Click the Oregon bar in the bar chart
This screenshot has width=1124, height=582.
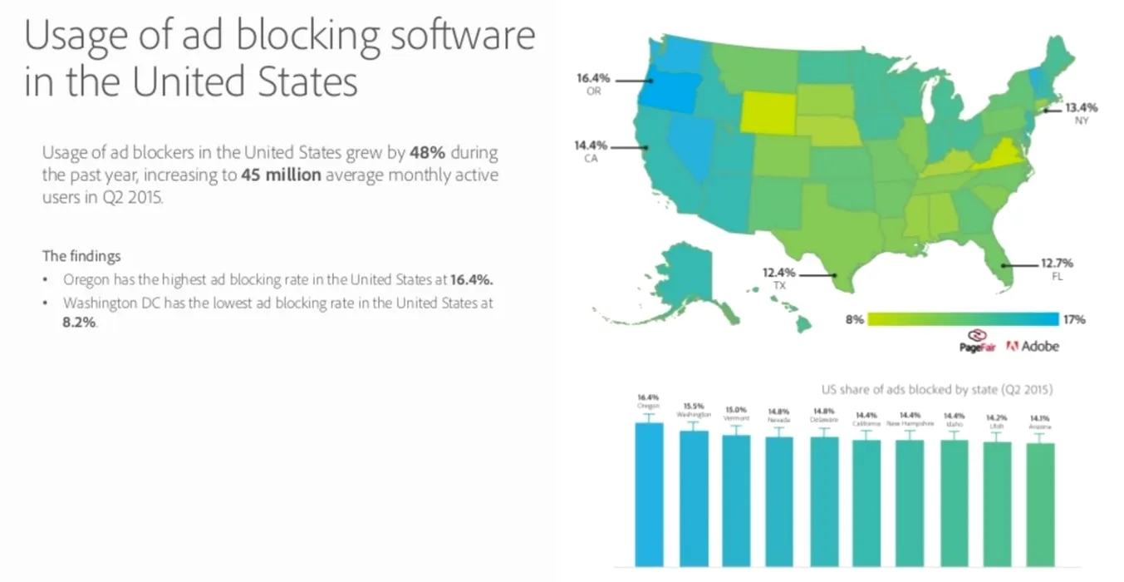click(649, 494)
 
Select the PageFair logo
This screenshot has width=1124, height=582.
click(977, 343)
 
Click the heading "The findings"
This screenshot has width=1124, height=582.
click(81, 256)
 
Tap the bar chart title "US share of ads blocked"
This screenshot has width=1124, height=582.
click(936, 388)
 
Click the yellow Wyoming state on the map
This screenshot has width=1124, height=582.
click(767, 112)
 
